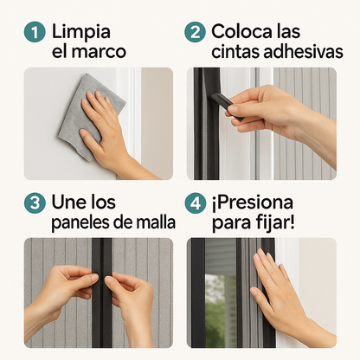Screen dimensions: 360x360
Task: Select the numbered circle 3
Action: click(x=34, y=204)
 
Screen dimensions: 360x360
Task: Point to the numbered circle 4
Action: click(x=196, y=204)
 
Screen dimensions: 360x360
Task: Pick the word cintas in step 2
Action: click(x=235, y=52)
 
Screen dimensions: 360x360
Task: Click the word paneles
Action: click(x=83, y=223)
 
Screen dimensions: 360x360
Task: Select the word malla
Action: click(x=156, y=223)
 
